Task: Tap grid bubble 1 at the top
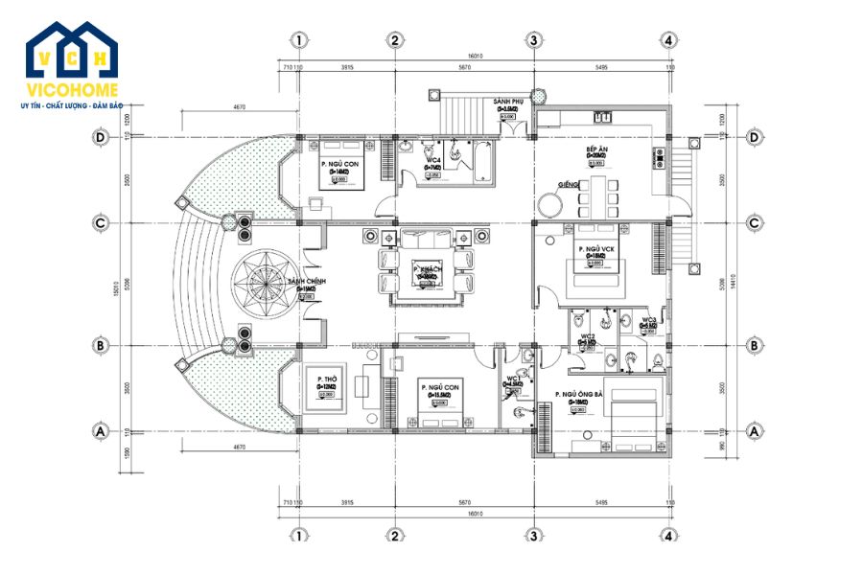(299, 40)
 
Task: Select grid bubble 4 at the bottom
(670, 536)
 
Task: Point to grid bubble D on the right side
(754, 138)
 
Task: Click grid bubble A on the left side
(101, 432)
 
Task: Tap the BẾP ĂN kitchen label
(597, 151)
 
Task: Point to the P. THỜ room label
(326, 379)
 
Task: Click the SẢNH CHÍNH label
(307, 281)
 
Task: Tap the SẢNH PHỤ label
(507, 101)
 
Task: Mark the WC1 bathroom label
(513, 379)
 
